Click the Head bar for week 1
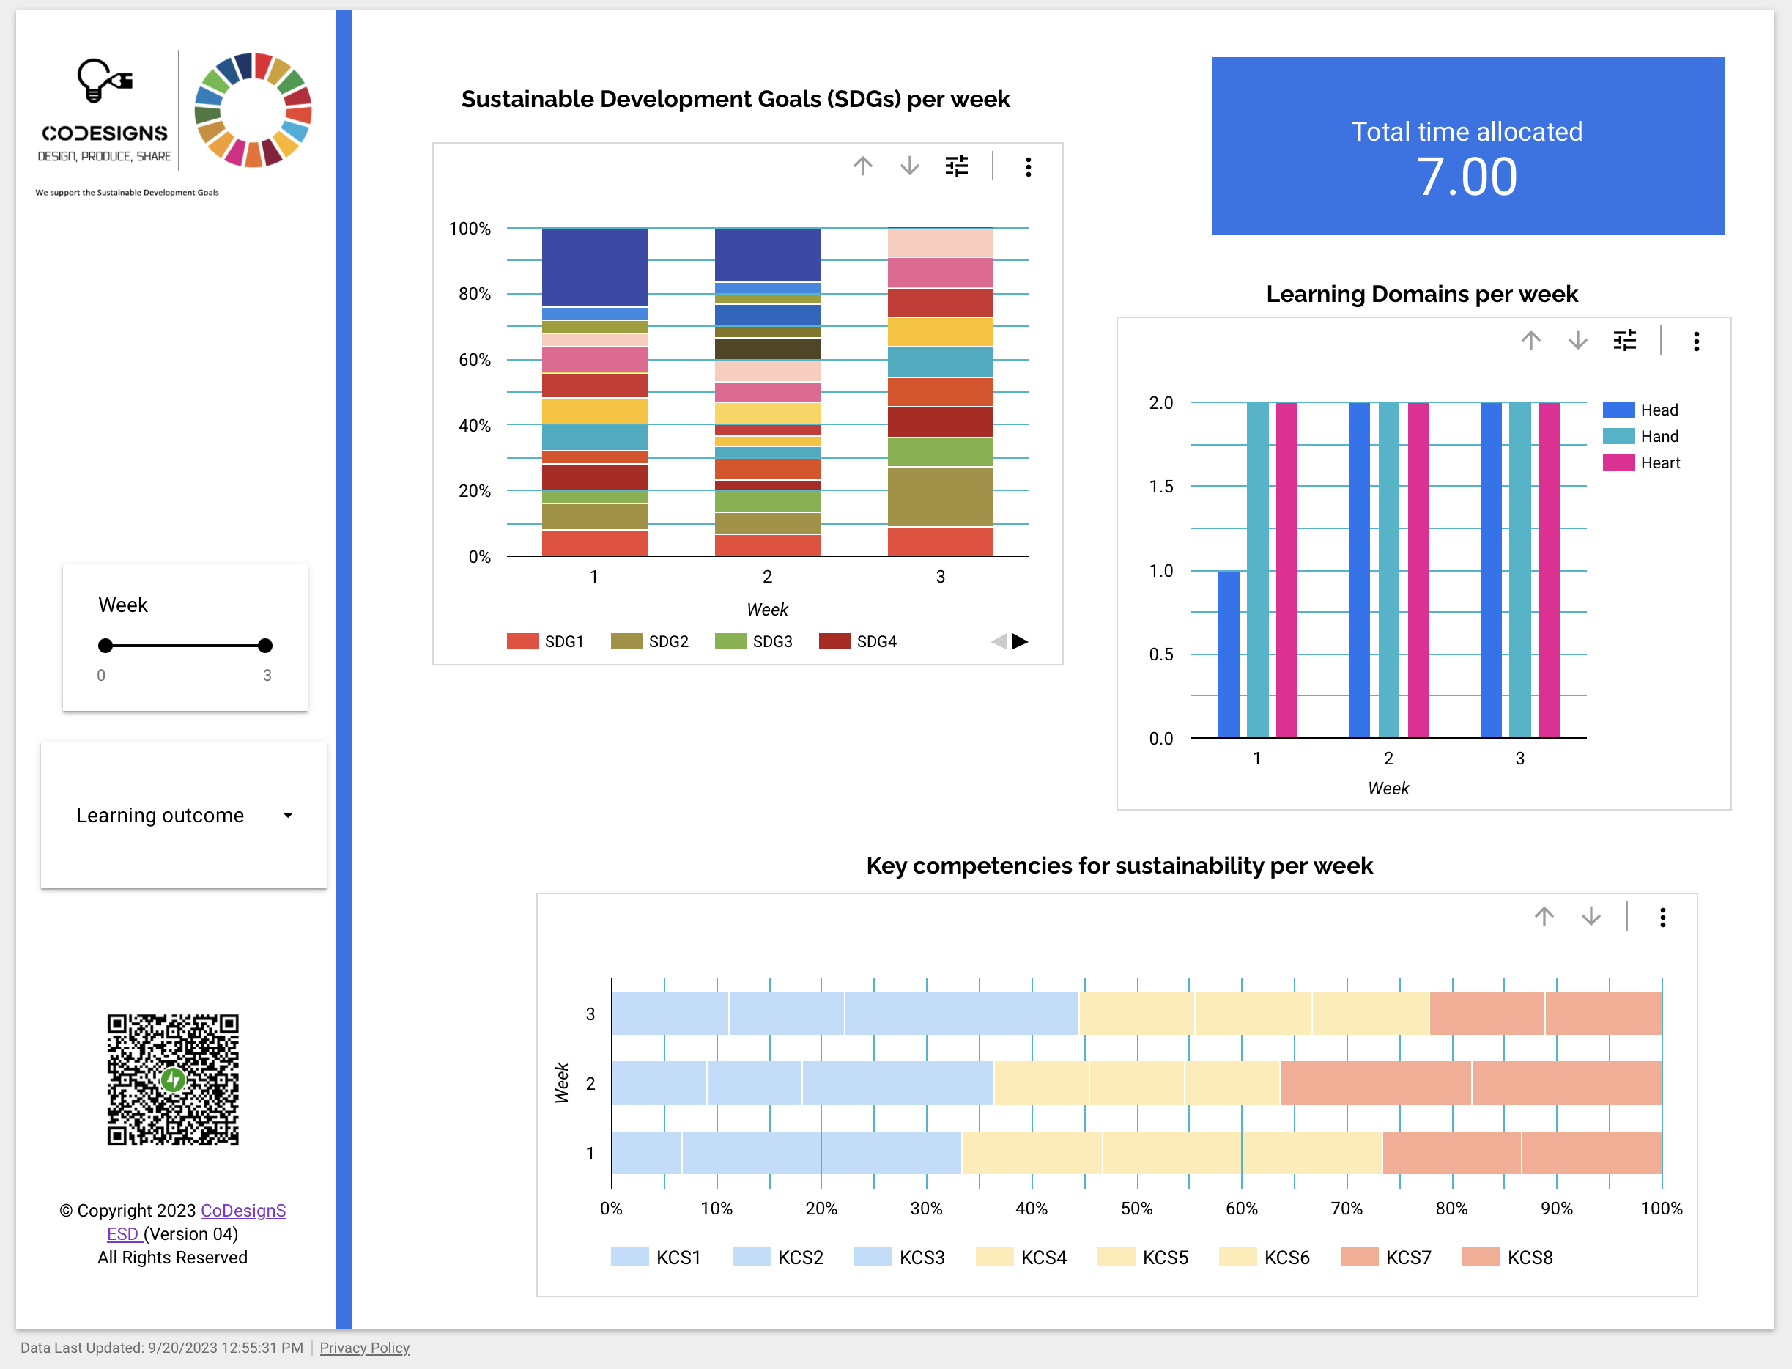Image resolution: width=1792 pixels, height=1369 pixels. [1229, 654]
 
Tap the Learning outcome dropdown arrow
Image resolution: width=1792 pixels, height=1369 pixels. [287, 816]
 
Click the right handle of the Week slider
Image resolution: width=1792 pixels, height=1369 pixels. [264, 646]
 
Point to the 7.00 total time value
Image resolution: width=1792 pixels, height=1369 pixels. [1466, 177]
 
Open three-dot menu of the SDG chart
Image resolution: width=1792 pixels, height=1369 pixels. [1028, 167]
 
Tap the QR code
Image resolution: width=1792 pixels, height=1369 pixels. [173, 1080]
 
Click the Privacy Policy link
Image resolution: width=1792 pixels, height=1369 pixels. [364, 1348]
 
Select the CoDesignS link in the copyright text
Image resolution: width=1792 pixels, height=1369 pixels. [242, 1211]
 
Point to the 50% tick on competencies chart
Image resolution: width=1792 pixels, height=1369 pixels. [1136, 1209]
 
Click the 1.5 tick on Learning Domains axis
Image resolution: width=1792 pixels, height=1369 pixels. [1160, 487]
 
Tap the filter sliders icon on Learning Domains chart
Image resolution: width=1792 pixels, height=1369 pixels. [1624, 341]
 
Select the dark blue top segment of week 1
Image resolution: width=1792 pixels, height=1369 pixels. [595, 267]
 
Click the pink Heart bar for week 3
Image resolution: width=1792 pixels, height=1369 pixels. [1550, 570]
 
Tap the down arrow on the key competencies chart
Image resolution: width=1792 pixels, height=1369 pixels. [1590, 918]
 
